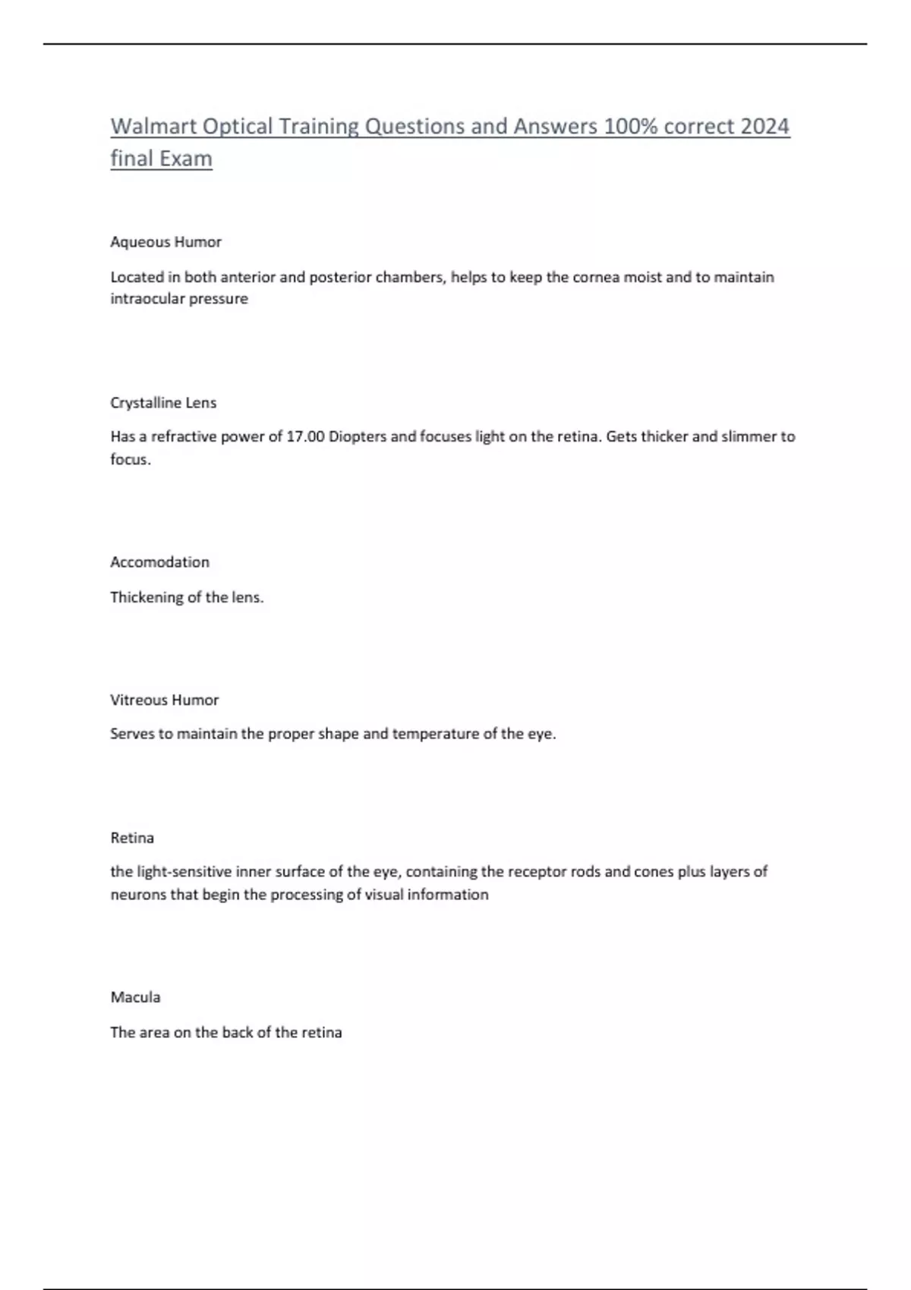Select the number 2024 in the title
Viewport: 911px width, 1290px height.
click(764, 126)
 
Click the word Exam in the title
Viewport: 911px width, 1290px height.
click(186, 159)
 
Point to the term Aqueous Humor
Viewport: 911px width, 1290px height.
click(165, 242)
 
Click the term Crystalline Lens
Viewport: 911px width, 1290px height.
click(163, 403)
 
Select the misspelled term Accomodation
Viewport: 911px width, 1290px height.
click(159, 562)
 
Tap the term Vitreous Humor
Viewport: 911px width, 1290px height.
click(164, 700)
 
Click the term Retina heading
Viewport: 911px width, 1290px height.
click(132, 838)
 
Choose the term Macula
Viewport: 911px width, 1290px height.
click(135, 997)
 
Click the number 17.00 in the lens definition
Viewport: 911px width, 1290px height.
click(305, 436)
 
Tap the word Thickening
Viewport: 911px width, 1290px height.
click(147, 597)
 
